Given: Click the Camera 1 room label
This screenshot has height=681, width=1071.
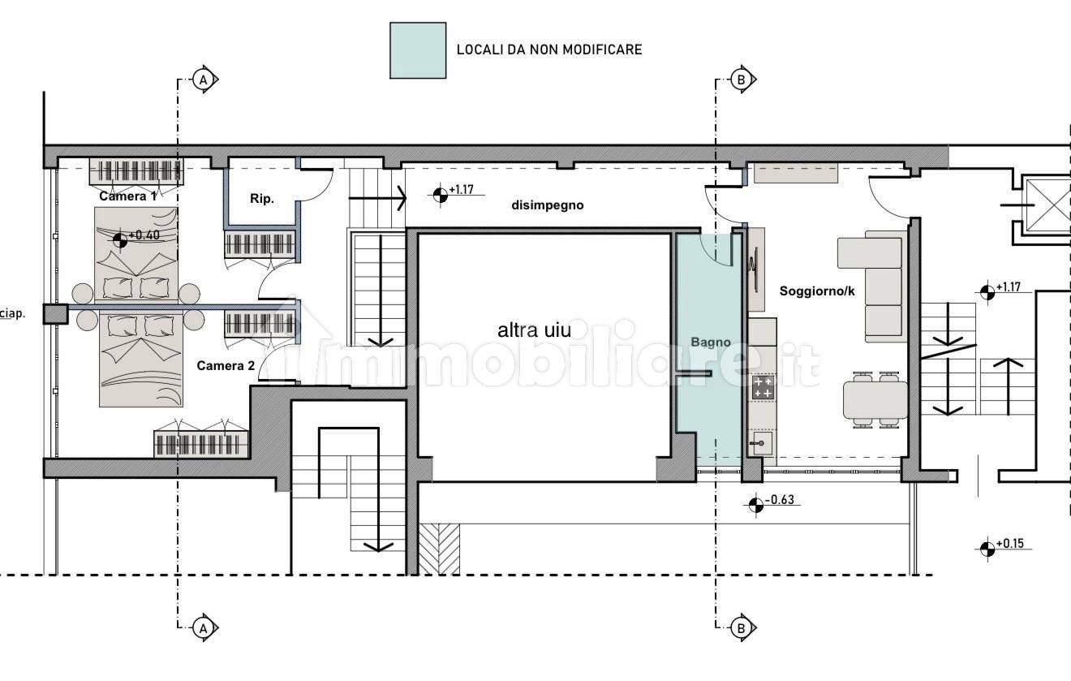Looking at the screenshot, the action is coord(127,196).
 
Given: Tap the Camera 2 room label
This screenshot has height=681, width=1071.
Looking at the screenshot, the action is coord(226,366).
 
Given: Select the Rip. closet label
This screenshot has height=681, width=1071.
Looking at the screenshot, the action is coord(262,199).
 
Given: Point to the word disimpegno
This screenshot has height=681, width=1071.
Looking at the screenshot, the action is coord(548,205).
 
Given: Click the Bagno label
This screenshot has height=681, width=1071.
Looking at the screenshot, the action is coord(711,342).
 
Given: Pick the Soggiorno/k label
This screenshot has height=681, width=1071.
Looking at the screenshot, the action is coord(817,291).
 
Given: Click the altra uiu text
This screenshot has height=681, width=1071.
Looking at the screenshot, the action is coord(535,330).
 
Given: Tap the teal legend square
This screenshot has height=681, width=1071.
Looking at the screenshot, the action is coord(418,50).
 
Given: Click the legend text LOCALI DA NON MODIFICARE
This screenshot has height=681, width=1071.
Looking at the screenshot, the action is coord(549,50).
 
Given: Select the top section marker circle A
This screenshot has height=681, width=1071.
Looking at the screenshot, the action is coord(203,80).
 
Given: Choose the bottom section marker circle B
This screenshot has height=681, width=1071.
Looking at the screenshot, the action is coord(741,628).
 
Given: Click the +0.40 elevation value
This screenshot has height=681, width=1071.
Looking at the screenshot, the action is coord(144,235).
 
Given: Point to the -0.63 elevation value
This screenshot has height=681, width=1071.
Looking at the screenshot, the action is coord(780,500).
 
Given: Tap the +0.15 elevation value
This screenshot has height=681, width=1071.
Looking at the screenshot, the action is coord(1010,544).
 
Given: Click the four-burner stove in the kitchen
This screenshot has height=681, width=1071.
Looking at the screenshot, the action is coord(763,387).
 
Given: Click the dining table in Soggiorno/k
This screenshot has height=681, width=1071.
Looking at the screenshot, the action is coord(875,400).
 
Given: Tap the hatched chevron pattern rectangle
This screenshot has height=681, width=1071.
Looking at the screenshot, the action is coord(439,549).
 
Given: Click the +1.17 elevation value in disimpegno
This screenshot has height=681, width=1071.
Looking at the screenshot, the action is coord(462,190).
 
